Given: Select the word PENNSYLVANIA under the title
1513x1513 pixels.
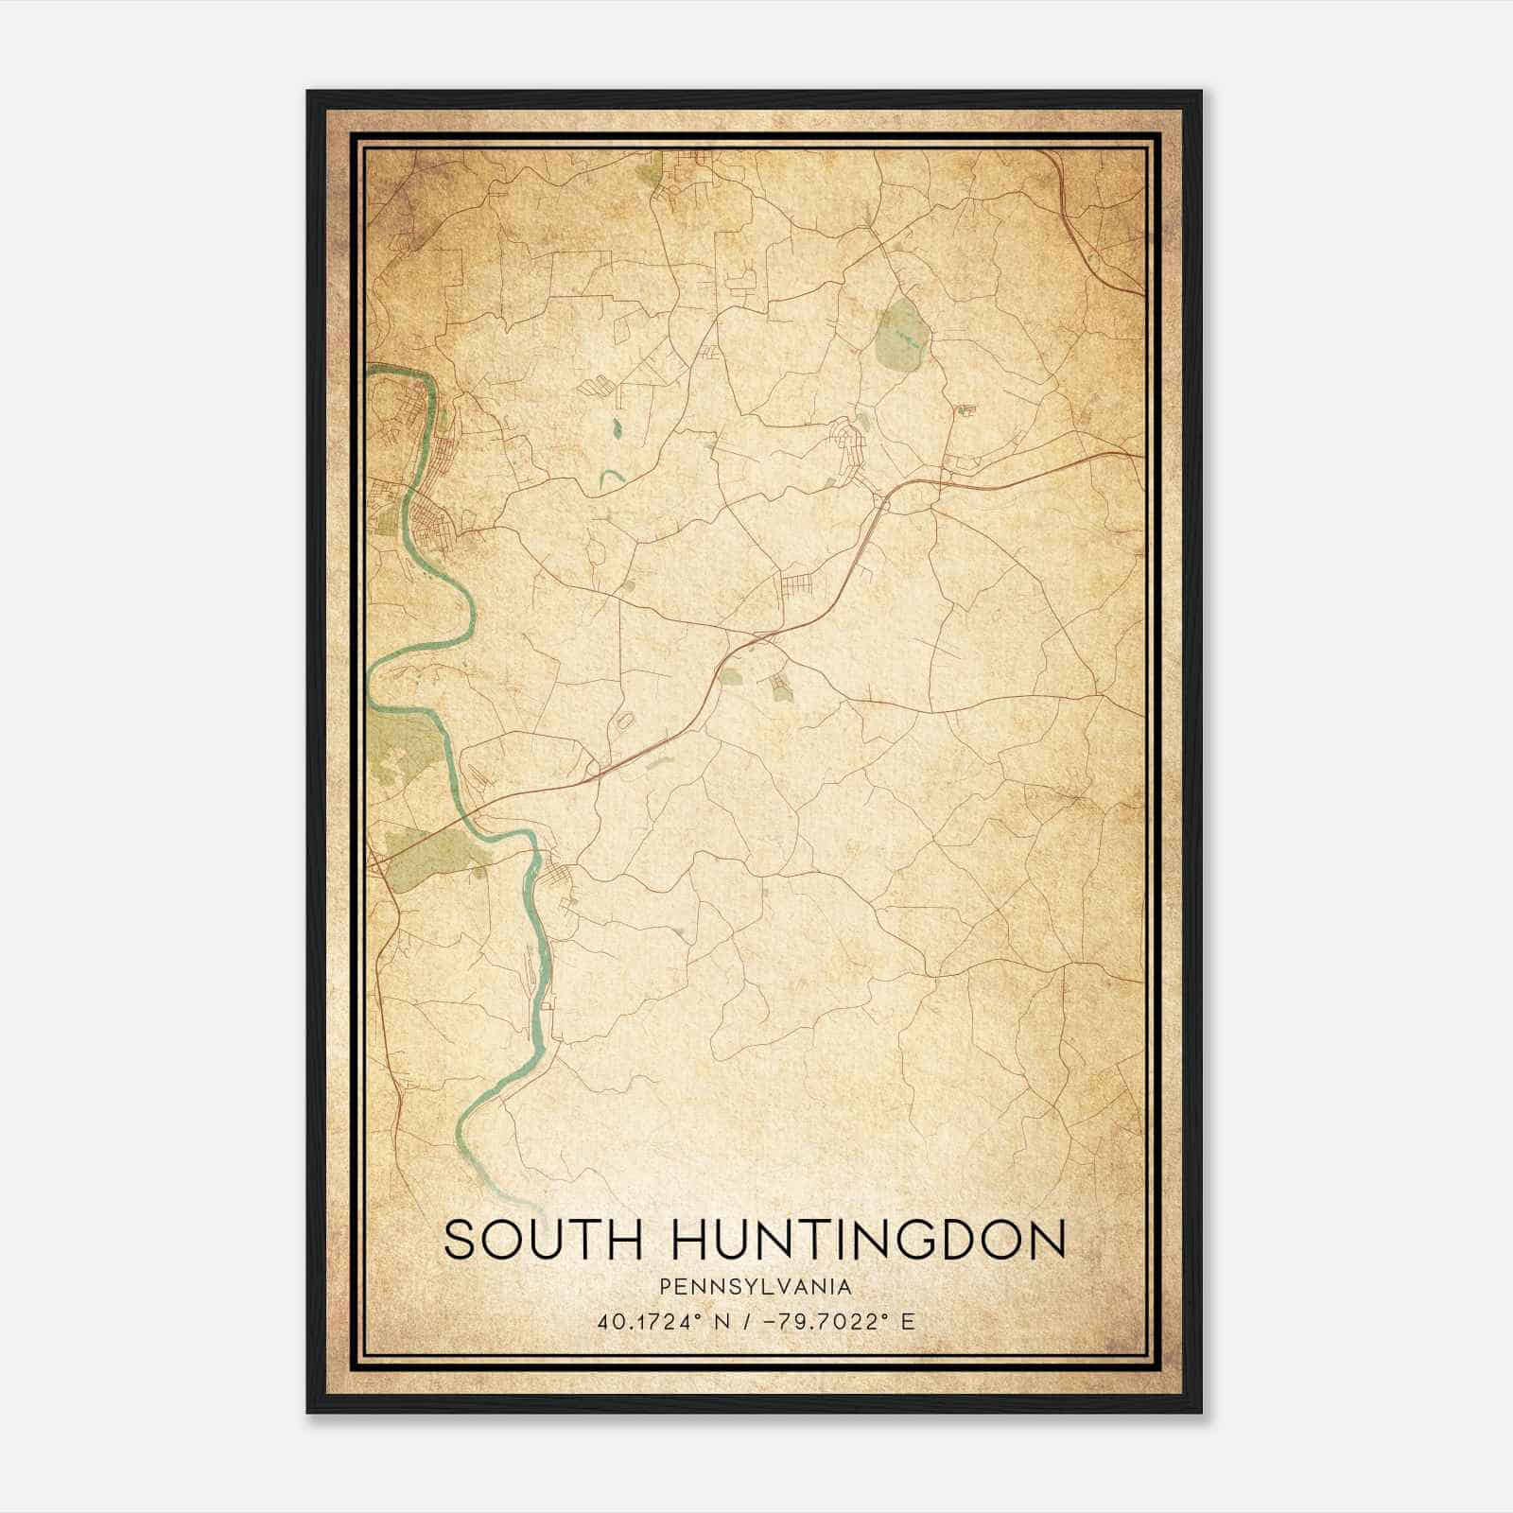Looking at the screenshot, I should (755, 1287).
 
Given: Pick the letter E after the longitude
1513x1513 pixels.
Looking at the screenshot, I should (907, 1322).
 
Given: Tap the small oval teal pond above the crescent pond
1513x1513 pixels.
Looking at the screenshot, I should (616, 428).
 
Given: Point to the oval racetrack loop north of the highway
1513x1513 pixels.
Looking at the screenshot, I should (624, 722).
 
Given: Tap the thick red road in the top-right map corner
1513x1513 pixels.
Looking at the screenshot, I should (1087, 236).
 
